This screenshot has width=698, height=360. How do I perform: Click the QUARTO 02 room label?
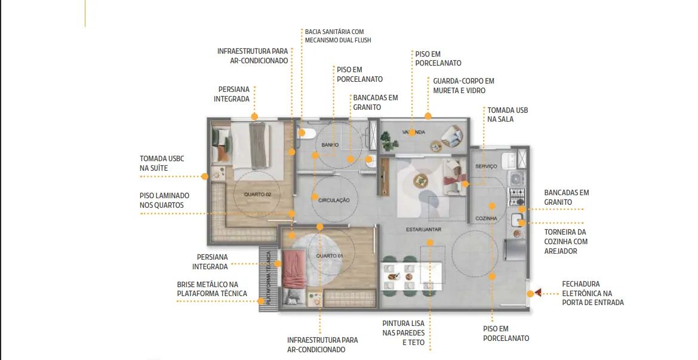click(257, 195)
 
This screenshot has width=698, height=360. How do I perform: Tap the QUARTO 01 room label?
click(330, 256)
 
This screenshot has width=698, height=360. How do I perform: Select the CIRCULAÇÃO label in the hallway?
click(334, 200)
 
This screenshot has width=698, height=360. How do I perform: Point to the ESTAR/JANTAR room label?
click(423, 230)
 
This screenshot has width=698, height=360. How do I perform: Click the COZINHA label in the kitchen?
click(486, 219)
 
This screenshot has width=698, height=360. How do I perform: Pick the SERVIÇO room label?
click(486, 167)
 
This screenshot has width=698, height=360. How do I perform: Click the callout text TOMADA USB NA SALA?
click(508, 115)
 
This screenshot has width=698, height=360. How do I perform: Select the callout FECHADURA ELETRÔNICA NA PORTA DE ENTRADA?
click(592, 293)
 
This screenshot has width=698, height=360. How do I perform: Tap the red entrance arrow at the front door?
click(538, 293)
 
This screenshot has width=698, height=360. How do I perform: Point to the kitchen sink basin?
click(516, 220)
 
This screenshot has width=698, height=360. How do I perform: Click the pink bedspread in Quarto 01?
click(294, 268)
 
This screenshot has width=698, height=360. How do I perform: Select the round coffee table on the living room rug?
click(421, 180)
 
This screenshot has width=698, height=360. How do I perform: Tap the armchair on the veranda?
click(453, 136)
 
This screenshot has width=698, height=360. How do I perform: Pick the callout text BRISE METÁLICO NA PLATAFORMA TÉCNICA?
click(212, 289)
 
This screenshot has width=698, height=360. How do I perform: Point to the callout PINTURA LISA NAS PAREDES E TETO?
click(403, 333)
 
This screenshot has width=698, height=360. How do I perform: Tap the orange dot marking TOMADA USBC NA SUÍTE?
click(204, 177)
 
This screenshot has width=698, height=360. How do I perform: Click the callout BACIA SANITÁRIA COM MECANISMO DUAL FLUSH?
click(338, 36)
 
